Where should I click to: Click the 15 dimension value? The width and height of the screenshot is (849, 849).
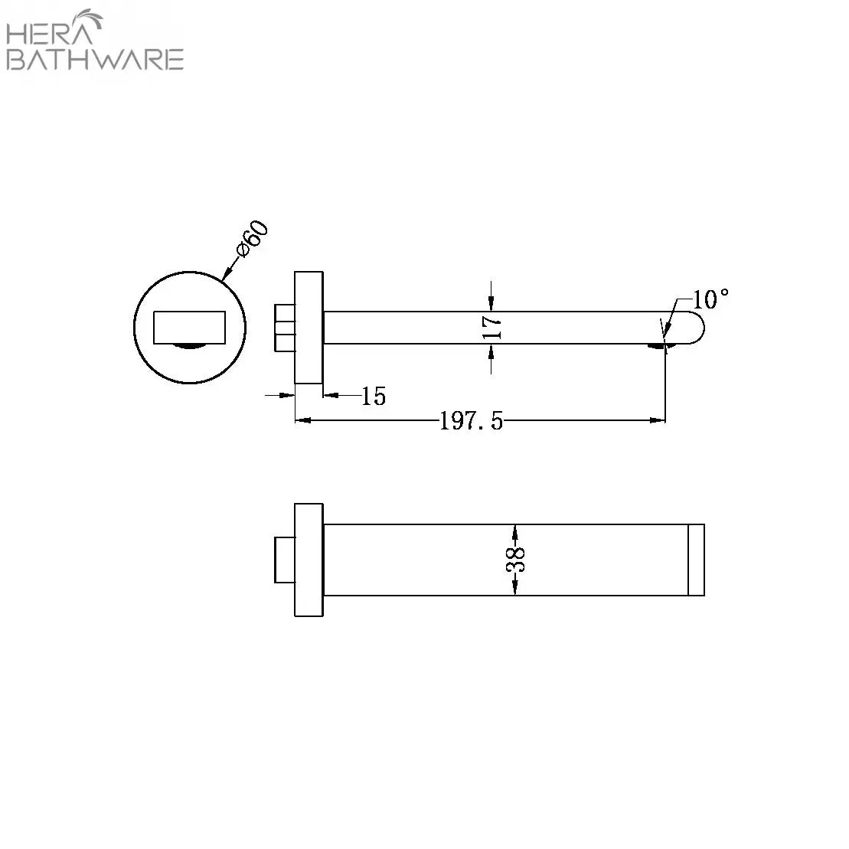click(x=374, y=396)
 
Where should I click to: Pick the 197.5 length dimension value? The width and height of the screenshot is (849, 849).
click(x=471, y=420)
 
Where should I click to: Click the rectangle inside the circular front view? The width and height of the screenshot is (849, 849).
click(x=189, y=328)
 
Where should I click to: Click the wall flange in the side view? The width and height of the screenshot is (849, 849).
click(x=309, y=327)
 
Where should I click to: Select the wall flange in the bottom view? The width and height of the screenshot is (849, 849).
click(x=309, y=560)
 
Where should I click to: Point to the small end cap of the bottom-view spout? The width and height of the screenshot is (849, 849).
click(x=696, y=560)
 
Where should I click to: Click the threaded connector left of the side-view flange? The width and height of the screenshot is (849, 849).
click(x=284, y=327)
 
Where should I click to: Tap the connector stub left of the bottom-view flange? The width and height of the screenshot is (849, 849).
click(x=284, y=560)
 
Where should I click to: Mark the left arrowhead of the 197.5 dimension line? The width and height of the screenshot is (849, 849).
click(x=302, y=420)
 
